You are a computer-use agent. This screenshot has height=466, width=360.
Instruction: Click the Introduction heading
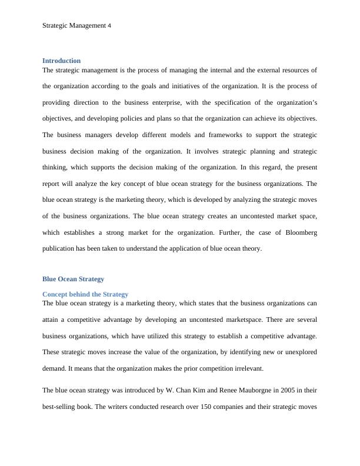click(61, 61)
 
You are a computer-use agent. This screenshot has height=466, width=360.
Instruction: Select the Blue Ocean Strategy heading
click(73, 279)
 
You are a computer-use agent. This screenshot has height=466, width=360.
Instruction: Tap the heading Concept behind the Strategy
click(85, 294)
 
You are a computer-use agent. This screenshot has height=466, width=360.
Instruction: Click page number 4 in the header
click(109, 26)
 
